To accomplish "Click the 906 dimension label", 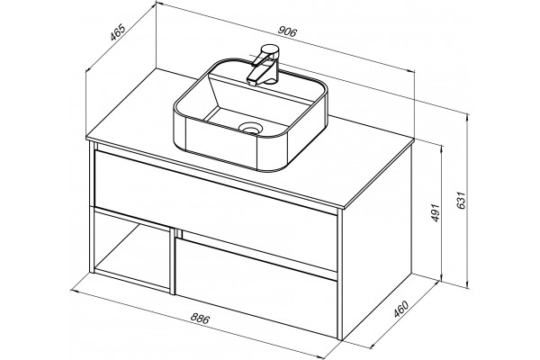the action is point(287,31).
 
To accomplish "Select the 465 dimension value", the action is point(117,32).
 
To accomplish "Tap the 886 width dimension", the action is point(200,319).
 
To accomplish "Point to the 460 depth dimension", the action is point(400,309).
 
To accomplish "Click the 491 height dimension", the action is point(436,212).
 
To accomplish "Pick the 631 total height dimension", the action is point(461,200).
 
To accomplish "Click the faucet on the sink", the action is point(264,65).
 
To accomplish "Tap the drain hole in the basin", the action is point(250,128).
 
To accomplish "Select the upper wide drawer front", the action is point(215,210).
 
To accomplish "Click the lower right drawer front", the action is point(256,288).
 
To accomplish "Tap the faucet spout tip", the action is point(251,82).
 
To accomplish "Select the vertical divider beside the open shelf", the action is point(172,260).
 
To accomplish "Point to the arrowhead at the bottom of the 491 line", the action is point(441,277).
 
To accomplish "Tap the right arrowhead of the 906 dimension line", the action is point(411,71).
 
